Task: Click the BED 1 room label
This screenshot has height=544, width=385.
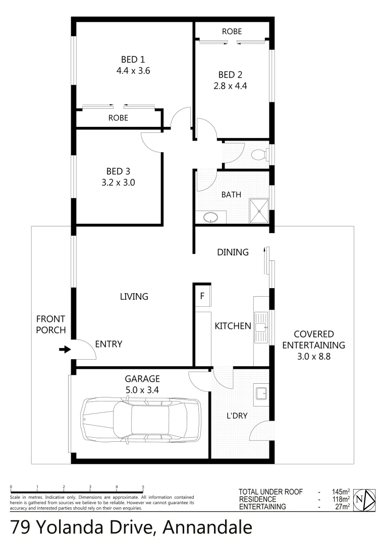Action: pyautogui.click(x=133, y=58)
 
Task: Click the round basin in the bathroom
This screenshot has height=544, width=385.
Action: pyautogui.click(x=210, y=218)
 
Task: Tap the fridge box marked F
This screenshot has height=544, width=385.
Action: pyautogui.click(x=203, y=296)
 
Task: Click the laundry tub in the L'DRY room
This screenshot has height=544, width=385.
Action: pyautogui.click(x=261, y=394)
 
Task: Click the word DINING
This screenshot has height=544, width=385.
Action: pyautogui.click(x=233, y=252)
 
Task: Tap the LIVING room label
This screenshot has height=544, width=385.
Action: pyautogui.click(x=134, y=297)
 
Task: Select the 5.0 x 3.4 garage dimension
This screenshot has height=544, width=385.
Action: pyautogui.click(x=142, y=389)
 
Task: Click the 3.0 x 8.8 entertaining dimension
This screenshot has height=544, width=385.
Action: pyautogui.click(x=313, y=356)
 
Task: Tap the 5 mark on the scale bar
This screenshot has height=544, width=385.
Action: pyautogui.click(x=143, y=487)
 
